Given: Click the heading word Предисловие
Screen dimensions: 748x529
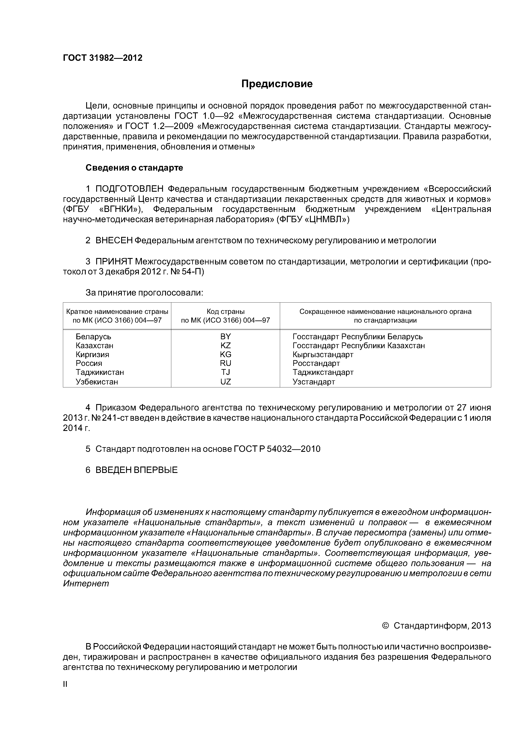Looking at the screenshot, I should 277,84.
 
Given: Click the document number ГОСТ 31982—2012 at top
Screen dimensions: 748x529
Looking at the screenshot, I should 103,58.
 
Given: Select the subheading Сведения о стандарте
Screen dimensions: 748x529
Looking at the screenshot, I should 134,168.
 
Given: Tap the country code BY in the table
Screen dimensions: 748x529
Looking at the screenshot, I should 225,336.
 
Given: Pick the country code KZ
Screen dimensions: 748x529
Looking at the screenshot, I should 225,345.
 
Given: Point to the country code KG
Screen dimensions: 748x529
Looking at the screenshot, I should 225,354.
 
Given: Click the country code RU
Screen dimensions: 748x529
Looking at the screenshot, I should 225,363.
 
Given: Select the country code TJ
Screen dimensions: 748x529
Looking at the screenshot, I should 225,372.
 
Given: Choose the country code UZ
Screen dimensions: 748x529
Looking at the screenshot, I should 225,381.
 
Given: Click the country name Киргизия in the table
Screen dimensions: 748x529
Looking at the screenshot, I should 93,354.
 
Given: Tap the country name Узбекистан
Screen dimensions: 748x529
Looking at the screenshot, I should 97,381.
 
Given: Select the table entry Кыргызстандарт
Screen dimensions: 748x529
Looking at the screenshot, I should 323,354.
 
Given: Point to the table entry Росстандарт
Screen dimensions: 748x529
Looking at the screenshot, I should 316,363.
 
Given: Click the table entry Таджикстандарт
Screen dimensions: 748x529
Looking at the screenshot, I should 323,372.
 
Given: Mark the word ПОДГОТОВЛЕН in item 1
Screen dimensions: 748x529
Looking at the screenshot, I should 129,189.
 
